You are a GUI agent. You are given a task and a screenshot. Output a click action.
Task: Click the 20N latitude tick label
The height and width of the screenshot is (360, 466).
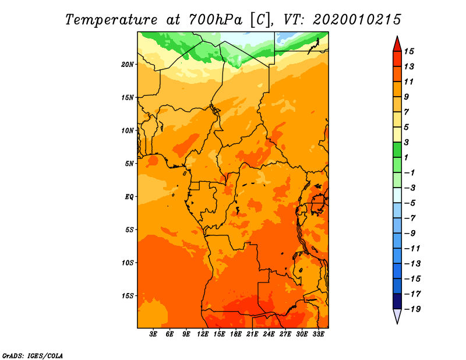(x=128, y=64)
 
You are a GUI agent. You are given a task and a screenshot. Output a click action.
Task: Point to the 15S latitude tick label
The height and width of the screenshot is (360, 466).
(x=128, y=296)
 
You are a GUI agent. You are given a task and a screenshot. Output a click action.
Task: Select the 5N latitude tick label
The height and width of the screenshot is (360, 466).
(x=129, y=164)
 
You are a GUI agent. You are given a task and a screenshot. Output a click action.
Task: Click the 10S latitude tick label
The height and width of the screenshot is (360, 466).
(x=128, y=263)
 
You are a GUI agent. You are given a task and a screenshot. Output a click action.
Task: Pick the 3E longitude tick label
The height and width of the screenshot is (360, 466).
(x=154, y=334)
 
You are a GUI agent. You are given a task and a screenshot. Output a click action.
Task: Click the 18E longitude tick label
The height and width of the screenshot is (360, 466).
(x=236, y=334)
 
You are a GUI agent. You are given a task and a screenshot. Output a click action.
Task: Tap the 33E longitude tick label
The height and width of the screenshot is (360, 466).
(x=318, y=334)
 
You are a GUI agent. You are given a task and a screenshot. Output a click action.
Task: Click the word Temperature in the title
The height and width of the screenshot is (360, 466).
(x=114, y=20)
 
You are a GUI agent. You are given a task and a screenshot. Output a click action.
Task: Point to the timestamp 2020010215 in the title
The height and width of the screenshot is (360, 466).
(x=357, y=20)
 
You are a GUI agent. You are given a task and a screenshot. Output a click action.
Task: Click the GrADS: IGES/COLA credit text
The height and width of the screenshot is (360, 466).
(x=32, y=355)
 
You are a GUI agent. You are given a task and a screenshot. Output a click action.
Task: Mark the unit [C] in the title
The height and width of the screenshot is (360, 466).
(x=260, y=20)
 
